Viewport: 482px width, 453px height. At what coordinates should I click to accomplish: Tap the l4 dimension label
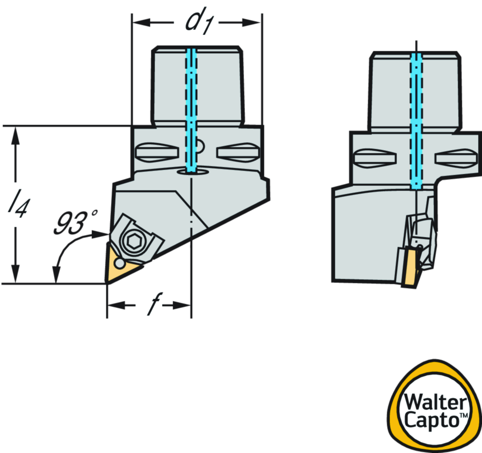16,205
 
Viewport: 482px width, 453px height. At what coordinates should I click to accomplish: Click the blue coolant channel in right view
416,118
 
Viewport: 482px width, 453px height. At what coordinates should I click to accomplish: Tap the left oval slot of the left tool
156,152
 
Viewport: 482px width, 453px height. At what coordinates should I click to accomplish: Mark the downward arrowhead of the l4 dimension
16,273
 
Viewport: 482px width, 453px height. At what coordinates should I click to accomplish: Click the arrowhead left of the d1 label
142,22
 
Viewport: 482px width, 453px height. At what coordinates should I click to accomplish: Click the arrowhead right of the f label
181,305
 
